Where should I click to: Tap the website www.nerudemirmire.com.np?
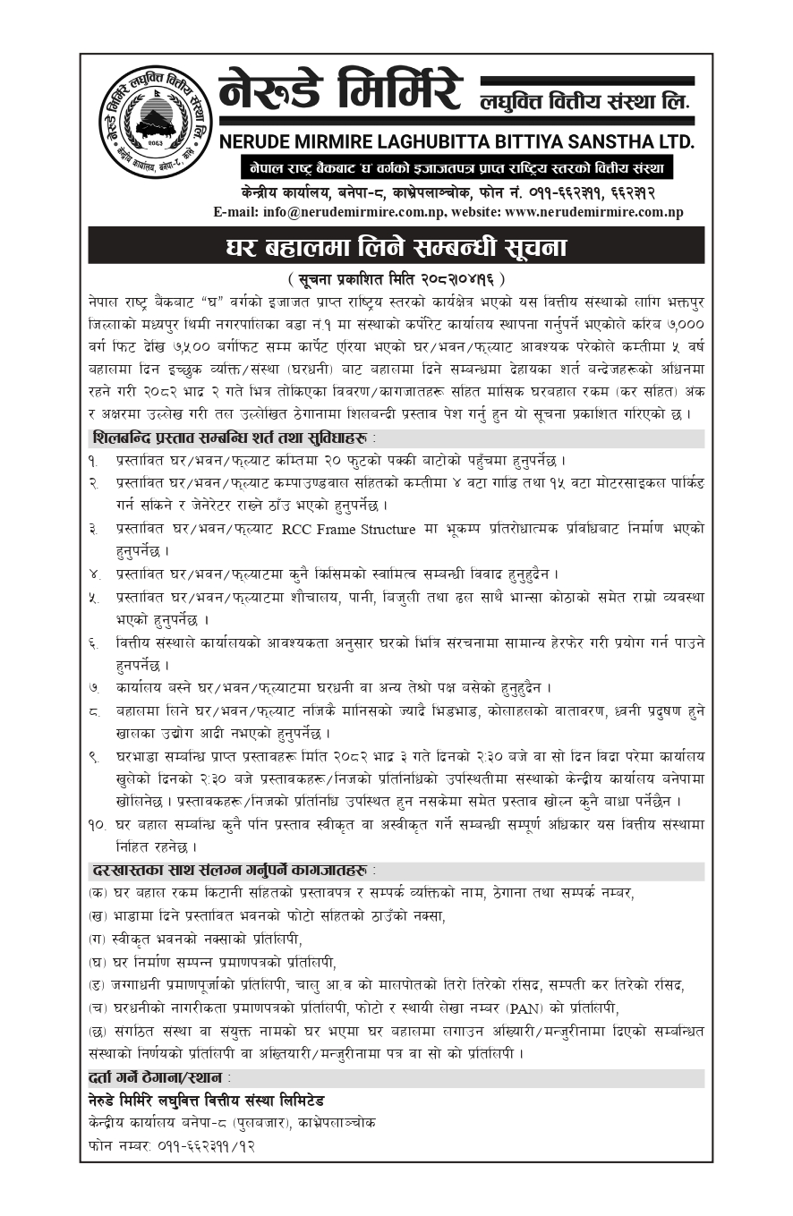point(593,212)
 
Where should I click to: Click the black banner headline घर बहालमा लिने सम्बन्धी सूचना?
point(396,245)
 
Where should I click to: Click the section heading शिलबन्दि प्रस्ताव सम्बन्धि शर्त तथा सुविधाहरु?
point(232,438)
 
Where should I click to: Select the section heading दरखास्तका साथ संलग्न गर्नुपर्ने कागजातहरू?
point(232,870)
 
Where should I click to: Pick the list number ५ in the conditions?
point(94,598)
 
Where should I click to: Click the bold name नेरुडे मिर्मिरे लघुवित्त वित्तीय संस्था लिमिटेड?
point(206,1100)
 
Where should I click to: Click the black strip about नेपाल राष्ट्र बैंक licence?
point(456,168)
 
